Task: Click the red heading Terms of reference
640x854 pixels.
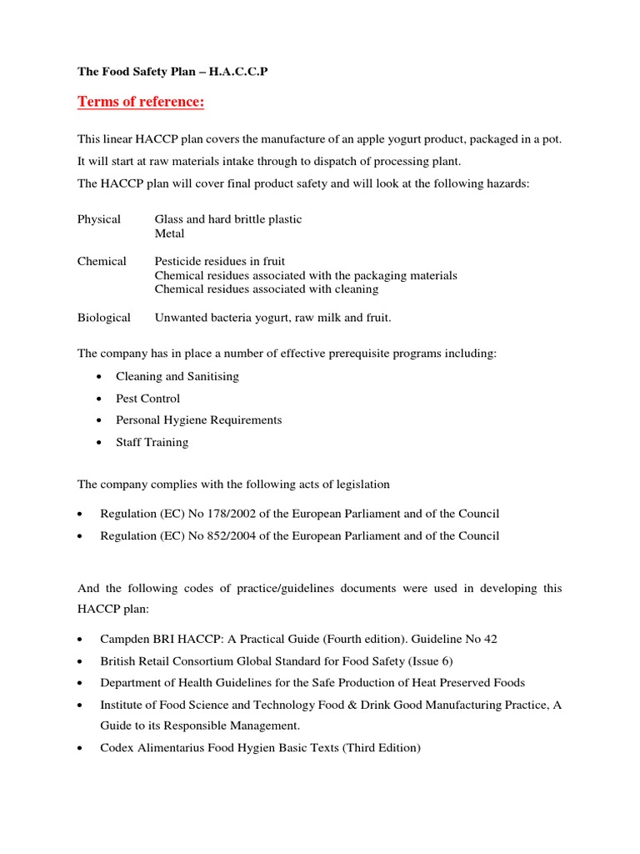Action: point(141,102)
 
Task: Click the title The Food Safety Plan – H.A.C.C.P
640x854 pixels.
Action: point(173,72)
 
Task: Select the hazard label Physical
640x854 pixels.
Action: point(99,219)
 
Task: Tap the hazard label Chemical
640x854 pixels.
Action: point(102,261)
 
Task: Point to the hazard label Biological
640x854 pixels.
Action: point(104,318)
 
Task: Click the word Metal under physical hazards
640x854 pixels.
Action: point(169,234)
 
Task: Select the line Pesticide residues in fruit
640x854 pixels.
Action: point(220,261)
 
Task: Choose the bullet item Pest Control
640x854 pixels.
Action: point(147,399)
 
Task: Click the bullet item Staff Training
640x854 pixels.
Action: point(152,442)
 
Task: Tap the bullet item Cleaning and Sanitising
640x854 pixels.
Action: point(177,376)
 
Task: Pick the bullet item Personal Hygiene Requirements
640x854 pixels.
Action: point(198,420)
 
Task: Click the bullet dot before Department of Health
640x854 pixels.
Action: point(79,683)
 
